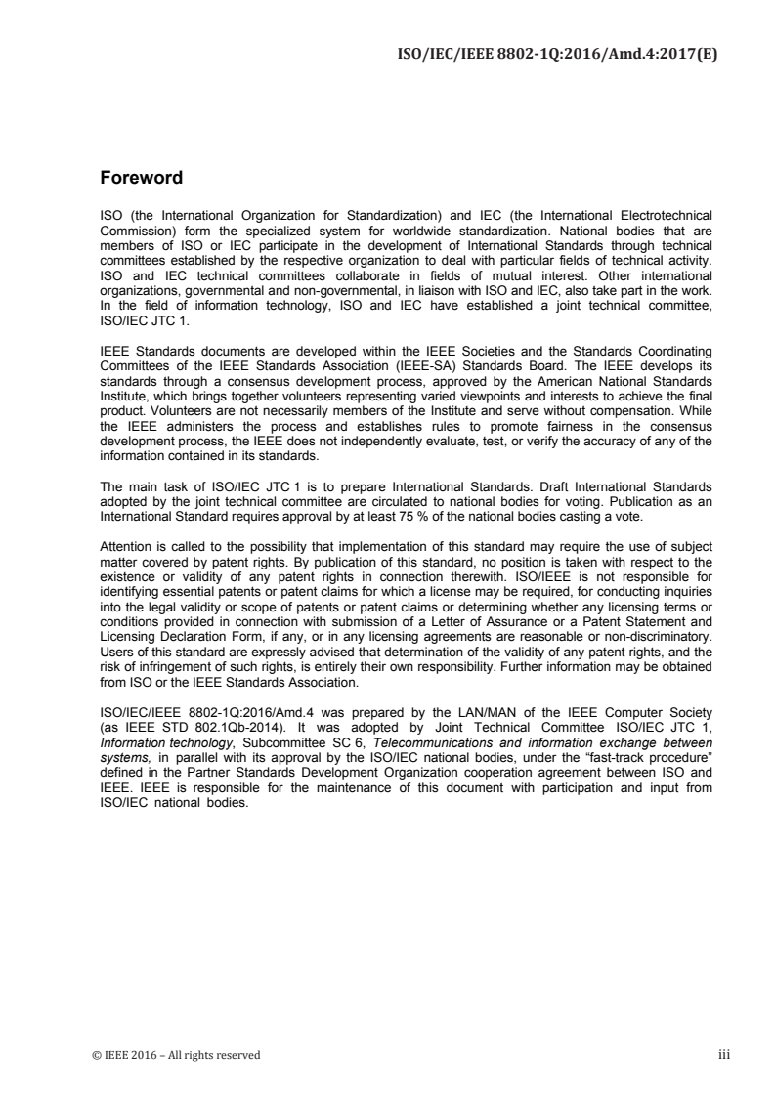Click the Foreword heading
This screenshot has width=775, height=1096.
tap(142, 179)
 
